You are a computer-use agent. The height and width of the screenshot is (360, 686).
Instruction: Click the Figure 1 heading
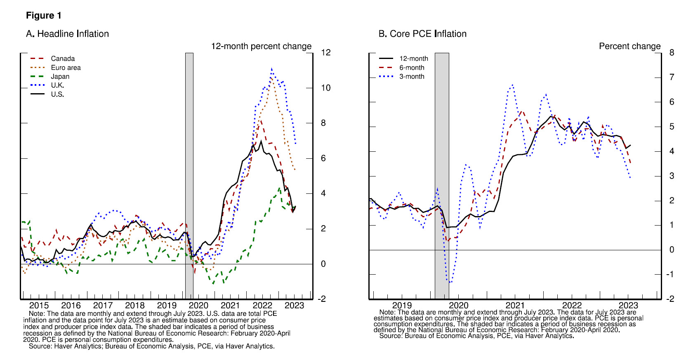[x=43, y=16]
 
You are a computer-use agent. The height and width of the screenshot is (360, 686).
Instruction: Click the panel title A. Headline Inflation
[x=67, y=34]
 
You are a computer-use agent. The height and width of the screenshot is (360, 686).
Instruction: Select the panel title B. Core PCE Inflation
[x=422, y=34]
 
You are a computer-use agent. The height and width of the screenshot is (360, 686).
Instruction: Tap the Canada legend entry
[x=63, y=59]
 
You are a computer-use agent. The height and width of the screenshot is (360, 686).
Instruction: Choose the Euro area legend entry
[x=66, y=68]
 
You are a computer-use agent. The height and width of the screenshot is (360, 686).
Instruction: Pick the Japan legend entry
[x=60, y=76]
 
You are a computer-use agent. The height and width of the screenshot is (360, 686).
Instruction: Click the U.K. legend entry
[x=57, y=85]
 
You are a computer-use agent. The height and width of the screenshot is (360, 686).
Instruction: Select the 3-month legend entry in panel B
[x=411, y=76]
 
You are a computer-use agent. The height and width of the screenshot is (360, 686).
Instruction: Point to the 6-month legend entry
[x=411, y=68]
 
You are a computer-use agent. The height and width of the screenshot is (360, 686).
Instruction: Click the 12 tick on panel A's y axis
[x=325, y=52]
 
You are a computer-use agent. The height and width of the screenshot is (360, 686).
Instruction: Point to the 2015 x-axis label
[x=39, y=306]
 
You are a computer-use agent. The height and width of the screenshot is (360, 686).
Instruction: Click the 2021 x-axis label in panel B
[x=515, y=306]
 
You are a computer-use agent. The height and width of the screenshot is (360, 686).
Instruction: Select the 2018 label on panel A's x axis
[x=134, y=306]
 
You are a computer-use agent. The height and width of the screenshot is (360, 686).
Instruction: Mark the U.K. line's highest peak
[x=271, y=69]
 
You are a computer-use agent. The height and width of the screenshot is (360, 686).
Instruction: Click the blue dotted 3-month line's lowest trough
[x=450, y=282]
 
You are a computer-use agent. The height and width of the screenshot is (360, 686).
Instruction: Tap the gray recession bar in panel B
[x=442, y=165]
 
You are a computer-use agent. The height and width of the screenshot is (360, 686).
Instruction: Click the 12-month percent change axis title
[x=261, y=46]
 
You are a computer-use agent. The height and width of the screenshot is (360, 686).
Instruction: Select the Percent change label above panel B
[x=629, y=46]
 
